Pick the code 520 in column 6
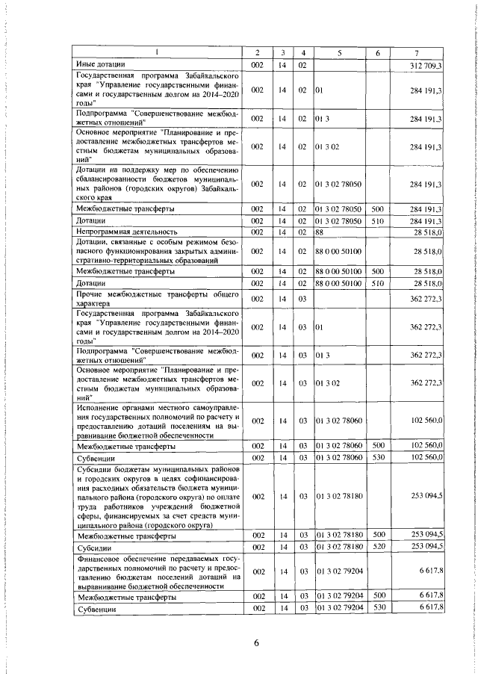point(378,548)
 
